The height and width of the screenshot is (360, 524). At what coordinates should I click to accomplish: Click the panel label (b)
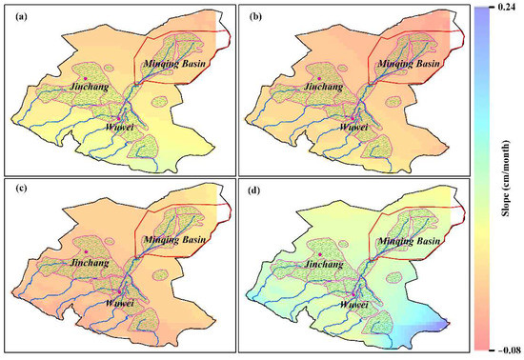(251, 15)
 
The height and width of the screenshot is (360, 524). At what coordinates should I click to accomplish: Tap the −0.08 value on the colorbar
(506, 352)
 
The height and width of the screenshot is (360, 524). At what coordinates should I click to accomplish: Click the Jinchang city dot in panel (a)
(85, 77)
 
